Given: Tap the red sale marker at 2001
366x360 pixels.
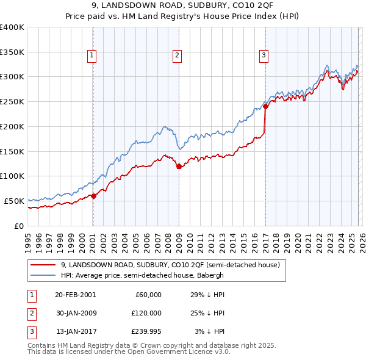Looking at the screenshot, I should pyautogui.click(x=93, y=196).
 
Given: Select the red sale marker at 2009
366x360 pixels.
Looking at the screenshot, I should pyautogui.click(x=179, y=166).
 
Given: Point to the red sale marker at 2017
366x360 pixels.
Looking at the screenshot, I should pyautogui.click(x=265, y=107).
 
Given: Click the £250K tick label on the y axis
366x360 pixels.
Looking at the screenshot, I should pyautogui.click(x=12, y=102).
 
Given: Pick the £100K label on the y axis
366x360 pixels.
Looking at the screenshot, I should pyautogui.click(x=12, y=176).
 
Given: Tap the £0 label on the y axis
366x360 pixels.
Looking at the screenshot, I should pyautogui.click(x=18, y=226).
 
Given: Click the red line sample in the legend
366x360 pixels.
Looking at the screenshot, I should pyautogui.click(x=43, y=265).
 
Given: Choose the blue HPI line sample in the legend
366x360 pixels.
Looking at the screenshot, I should pyautogui.click(x=43, y=275).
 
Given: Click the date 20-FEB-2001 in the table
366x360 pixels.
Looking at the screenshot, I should pyautogui.click(x=75, y=295).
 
